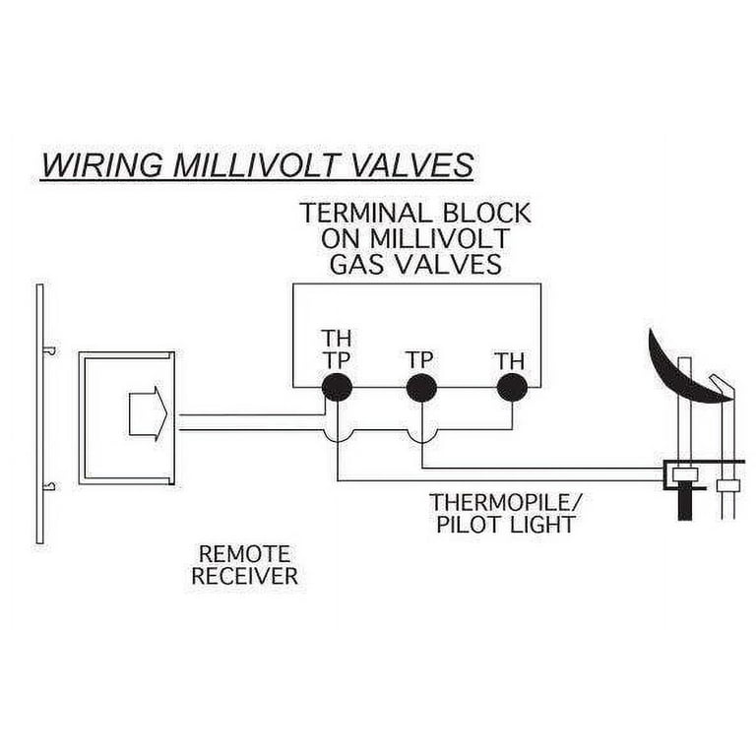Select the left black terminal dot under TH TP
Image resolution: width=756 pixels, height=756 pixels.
coord(337,387)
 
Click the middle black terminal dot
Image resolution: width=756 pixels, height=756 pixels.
coord(421,387)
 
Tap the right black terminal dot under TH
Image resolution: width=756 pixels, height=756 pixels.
coord(511,387)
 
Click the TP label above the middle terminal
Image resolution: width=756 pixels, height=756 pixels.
coord(420,359)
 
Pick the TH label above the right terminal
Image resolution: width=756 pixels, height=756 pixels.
coord(510,359)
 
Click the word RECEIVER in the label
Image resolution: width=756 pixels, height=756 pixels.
coord(244,576)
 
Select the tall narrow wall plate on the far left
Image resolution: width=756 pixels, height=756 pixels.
coord(39,413)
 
